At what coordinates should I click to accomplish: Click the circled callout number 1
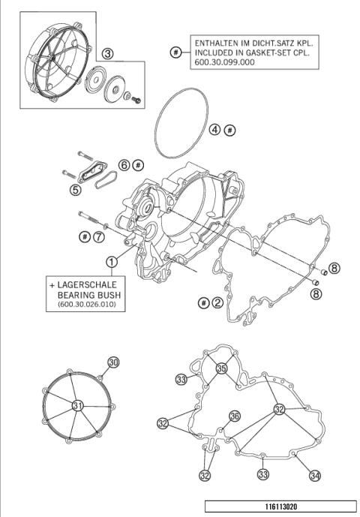(111, 262)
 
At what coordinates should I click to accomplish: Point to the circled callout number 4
(214, 130)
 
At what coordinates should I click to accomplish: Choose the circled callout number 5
(76, 190)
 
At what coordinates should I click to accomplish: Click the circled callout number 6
(124, 164)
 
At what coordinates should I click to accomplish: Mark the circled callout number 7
(98, 237)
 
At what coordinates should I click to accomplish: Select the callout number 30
(113, 362)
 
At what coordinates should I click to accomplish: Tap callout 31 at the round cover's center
(77, 405)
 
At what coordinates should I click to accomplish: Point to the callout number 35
(221, 368)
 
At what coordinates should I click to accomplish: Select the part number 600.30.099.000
(223, 65)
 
